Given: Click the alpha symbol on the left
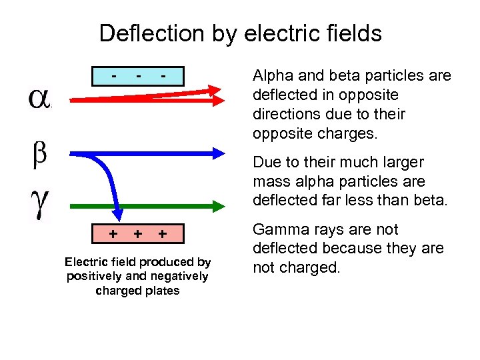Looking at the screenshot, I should coord(39,98).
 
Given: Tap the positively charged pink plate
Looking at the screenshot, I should coord(137,233).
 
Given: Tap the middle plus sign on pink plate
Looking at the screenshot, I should coord(137,233).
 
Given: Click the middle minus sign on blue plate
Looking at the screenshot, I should coord(138,75).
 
